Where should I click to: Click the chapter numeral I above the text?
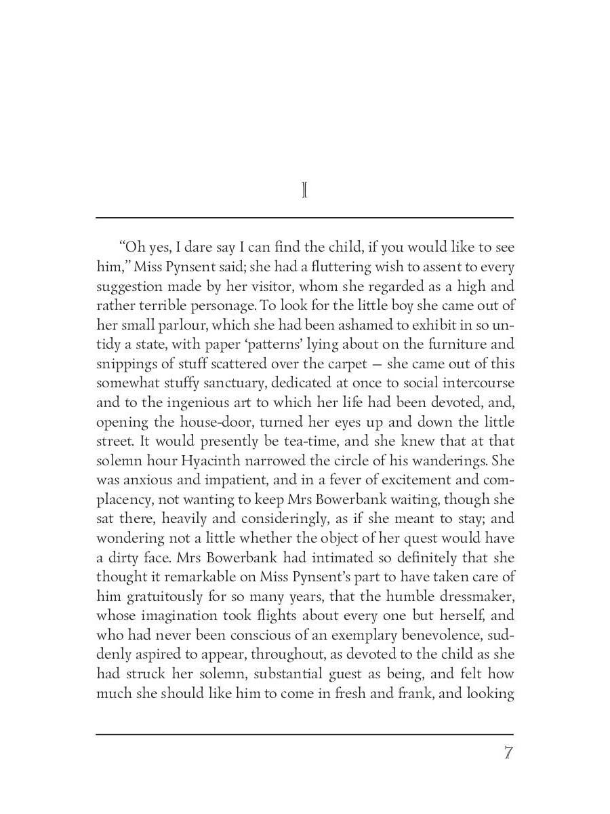304,191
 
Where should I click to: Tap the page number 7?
508,753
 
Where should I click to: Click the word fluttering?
320,267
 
